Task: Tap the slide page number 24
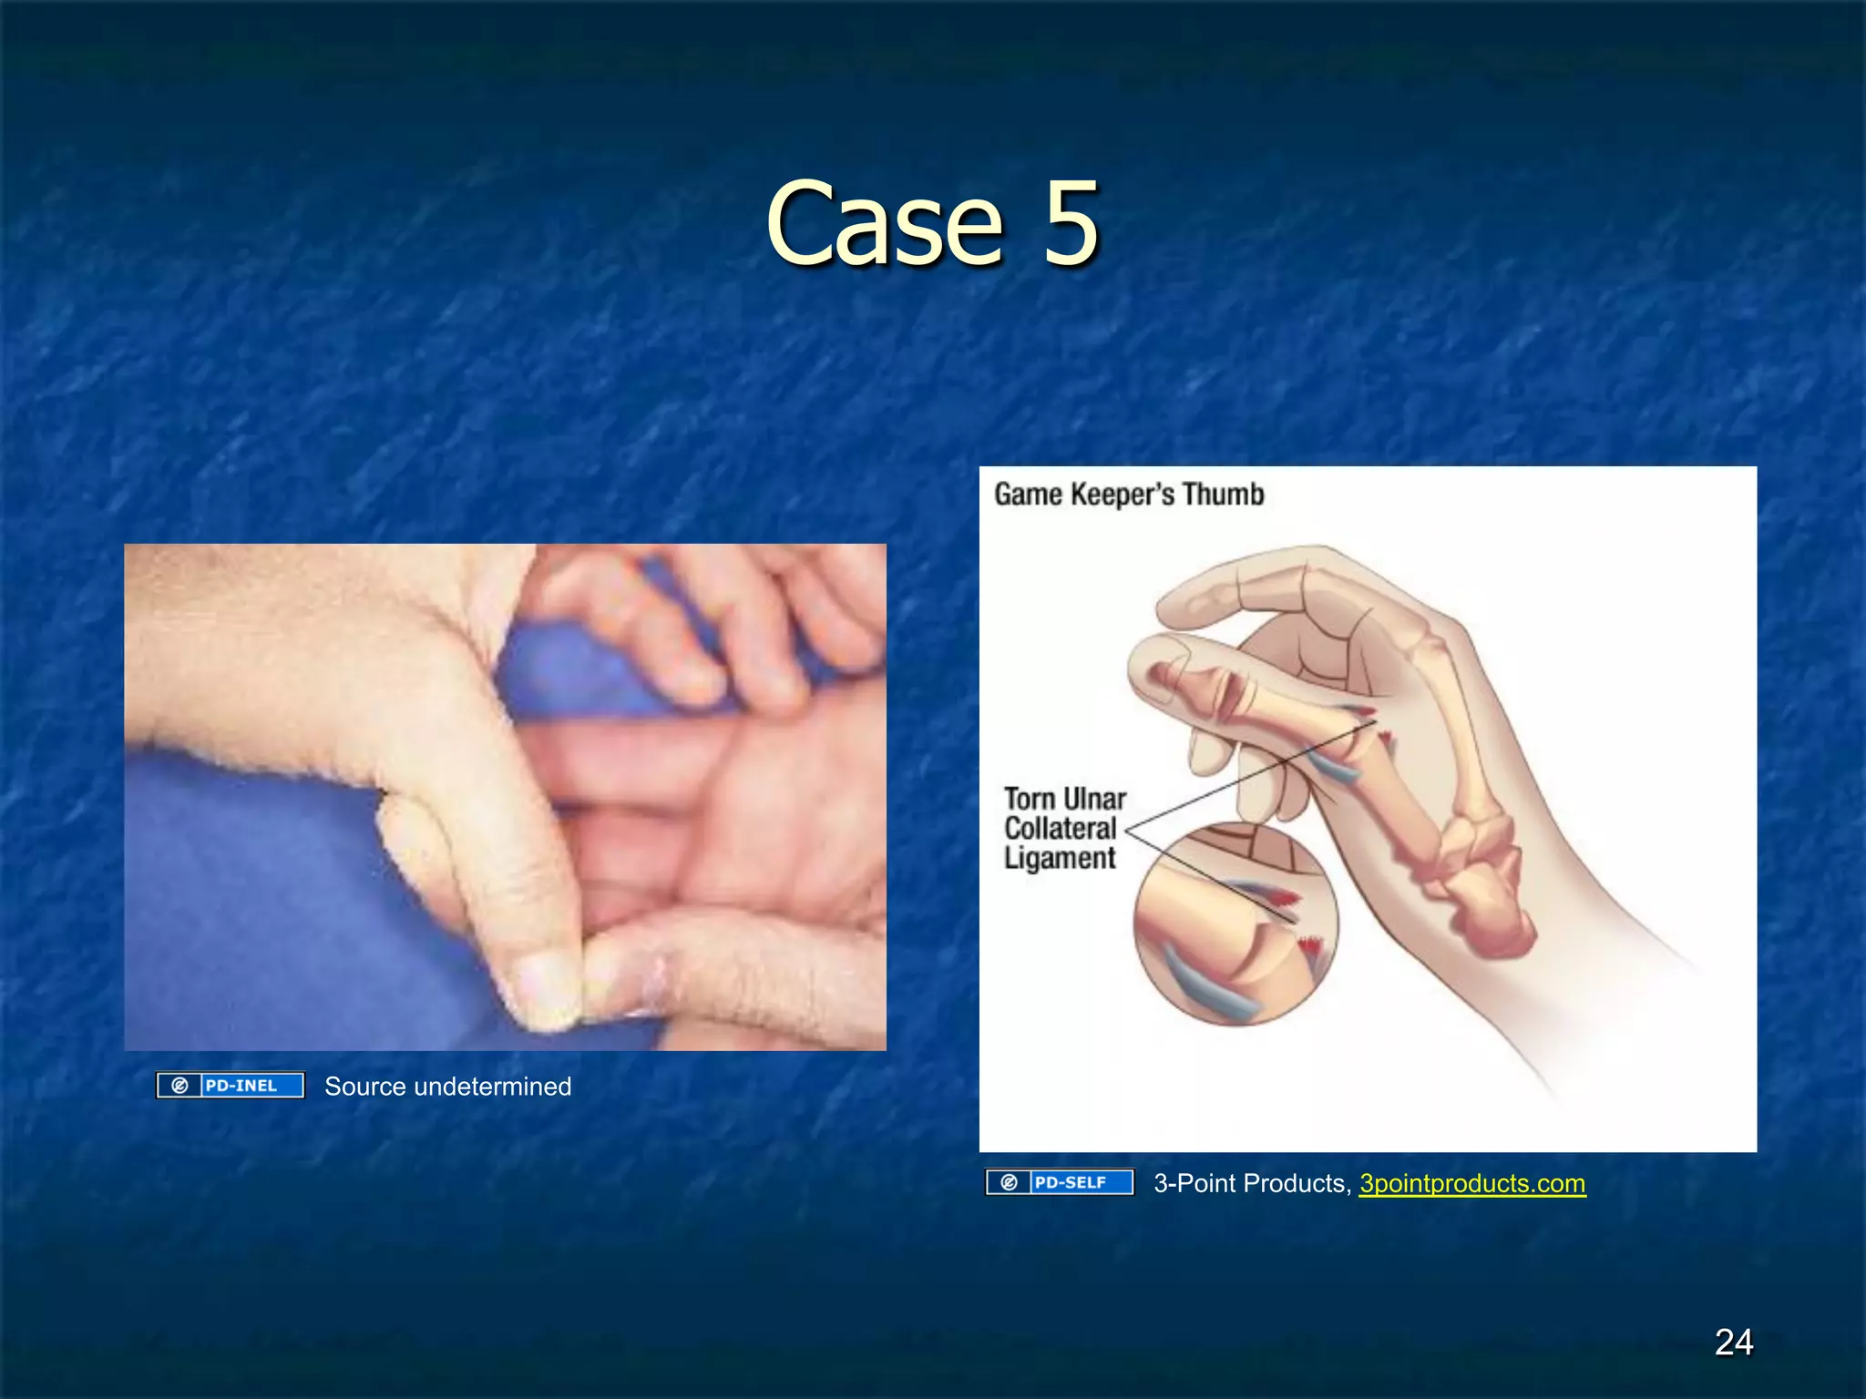coord(1733,1342)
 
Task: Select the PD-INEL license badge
coord(231,1085)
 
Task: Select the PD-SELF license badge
coord(1060,1182)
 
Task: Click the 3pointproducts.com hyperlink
coord(1471,1183)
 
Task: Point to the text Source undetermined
coord(447,1086)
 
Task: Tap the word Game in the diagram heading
coord(1028,495)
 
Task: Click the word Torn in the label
coord(1029,799)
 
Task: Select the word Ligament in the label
coord(1060,858)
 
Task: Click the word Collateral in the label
coord(1060,829)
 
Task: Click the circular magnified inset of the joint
coord(1235,924)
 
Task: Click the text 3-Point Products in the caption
coord(1249,1183)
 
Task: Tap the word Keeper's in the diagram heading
coord(1123,495)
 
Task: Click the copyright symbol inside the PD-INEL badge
coord(179,1085)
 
